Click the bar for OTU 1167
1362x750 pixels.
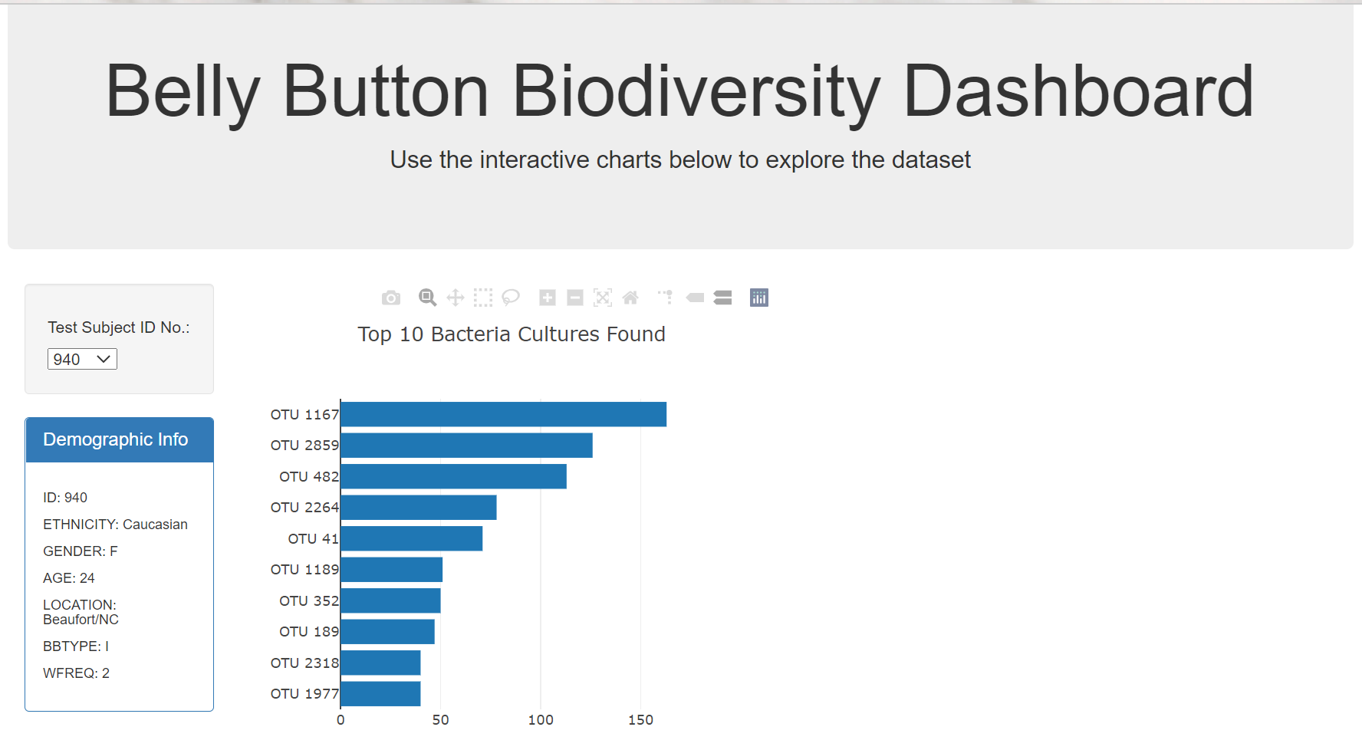point(503,414)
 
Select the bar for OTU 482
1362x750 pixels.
point(453,476)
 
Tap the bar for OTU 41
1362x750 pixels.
point(411,538)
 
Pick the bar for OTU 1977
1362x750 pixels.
point(380,693)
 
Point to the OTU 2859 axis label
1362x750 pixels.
point(304,446)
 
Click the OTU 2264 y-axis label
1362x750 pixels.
point(304,508)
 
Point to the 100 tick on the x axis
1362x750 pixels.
point(541,720)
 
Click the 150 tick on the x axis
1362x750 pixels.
point(640,720)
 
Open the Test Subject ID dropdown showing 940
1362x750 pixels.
point(82,359)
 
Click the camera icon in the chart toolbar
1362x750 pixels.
point(391,298)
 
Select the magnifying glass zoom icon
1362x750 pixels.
point(427,298)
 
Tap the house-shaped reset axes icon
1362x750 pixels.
point(630,298)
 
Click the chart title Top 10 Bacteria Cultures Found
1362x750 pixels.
point(512,334)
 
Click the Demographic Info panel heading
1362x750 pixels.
point(116,439)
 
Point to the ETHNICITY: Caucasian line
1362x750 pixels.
point(115,525)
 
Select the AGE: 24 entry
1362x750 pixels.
point(69,578)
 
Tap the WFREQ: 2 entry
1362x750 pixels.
point(76,673)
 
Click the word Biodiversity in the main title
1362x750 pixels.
point(696,92)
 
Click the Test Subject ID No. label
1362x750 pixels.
point(119,327)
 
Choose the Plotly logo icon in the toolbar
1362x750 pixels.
point(759,298)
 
